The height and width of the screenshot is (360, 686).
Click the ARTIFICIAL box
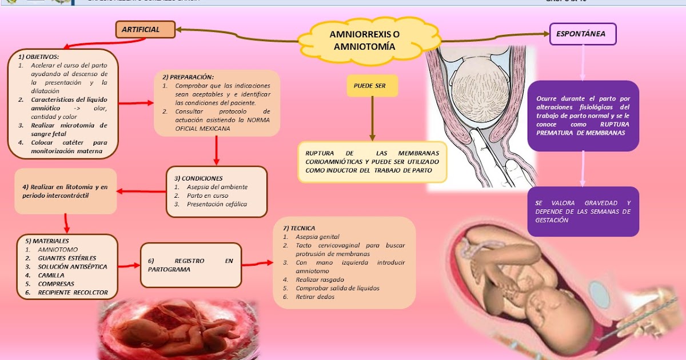click(145, 30)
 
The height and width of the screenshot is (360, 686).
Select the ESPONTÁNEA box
click(583, 34)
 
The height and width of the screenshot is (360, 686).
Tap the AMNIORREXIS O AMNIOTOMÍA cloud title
click(364, 41)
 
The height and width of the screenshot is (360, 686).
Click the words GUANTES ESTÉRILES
click(67, 258)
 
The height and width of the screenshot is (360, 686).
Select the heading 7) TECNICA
click(298, 228)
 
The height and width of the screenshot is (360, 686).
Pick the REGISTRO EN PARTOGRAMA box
click(191, 265)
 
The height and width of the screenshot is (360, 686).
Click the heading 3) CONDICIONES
click(198, 178)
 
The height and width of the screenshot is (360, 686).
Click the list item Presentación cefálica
click(217, 204)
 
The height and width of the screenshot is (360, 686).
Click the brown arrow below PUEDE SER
click(372, 117)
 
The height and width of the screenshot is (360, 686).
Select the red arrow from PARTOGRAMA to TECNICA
click(257, 264)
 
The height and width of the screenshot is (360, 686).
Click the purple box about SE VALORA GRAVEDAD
click(583, 211)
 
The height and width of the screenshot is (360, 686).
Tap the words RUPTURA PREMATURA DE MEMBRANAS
click(580, 129)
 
